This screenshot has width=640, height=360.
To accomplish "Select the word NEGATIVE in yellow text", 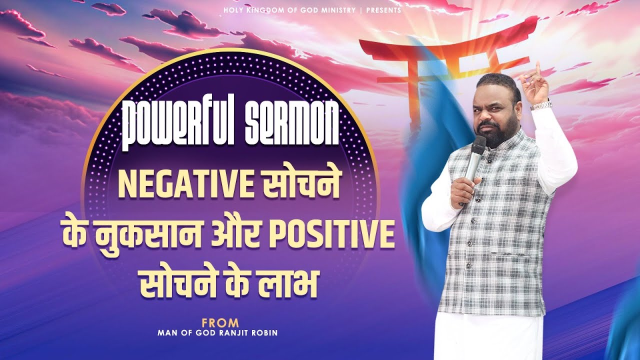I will (185, 186).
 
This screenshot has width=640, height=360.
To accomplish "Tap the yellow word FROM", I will (220, 323).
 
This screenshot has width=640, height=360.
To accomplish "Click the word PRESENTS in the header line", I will (384, 10).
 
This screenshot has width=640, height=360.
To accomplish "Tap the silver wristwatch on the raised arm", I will (540, 105).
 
